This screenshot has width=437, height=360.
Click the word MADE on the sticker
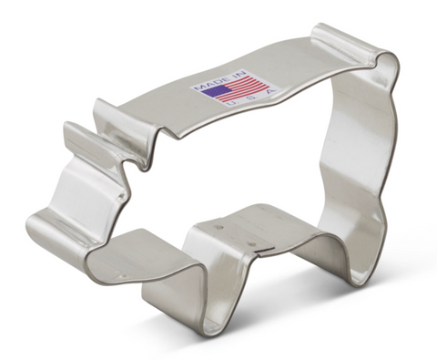tap(206, 82)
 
